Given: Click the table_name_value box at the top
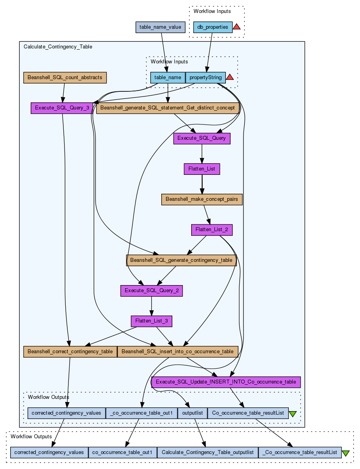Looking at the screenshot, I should click(x=160, y=27).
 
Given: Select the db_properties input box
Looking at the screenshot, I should click(x=212, y=27).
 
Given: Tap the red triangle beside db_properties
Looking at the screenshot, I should click(x=236, y=27).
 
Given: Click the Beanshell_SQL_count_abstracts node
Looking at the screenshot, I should click(x=65, y=78).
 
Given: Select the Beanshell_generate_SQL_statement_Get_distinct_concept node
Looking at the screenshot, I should click(x=168, y=108).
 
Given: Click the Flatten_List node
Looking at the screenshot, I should click(x=202, y=169).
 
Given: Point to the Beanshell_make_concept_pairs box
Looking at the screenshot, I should click(x=202, y=199).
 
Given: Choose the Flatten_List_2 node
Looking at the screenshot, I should click(x=212, y=230).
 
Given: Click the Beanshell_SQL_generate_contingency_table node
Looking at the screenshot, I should click(x=181, y=260).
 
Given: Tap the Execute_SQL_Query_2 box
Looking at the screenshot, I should click(x=151, y=291).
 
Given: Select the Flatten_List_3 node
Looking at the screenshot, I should click(x=151, y=321).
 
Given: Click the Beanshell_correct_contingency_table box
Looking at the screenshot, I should click(x=70, y=351).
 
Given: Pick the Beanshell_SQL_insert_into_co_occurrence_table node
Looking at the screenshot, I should click(x=178, y=351).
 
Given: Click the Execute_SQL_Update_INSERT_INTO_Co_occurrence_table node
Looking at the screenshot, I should click(x=226, y=382).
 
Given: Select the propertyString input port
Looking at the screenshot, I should click(x=205, y=78).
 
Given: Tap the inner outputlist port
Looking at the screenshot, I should click(x=192, y=413).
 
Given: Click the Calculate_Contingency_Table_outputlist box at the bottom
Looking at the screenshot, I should click(x=208, y=452).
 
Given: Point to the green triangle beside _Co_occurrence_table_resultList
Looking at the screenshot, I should click(x=345, y=453).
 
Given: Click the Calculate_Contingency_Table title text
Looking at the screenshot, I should click(x=58, y=46).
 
